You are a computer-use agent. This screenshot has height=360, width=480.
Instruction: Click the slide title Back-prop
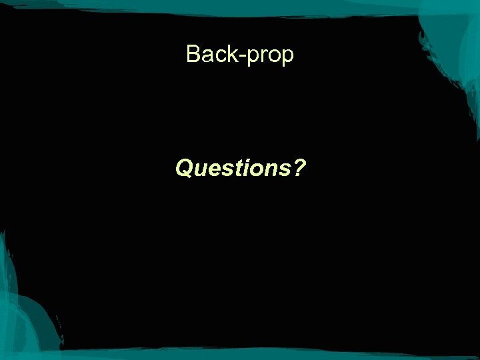tap(240, 54)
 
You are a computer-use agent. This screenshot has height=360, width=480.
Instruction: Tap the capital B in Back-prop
tap(194, 53)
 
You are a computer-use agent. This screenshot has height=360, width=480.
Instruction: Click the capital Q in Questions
tap(185, 169)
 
